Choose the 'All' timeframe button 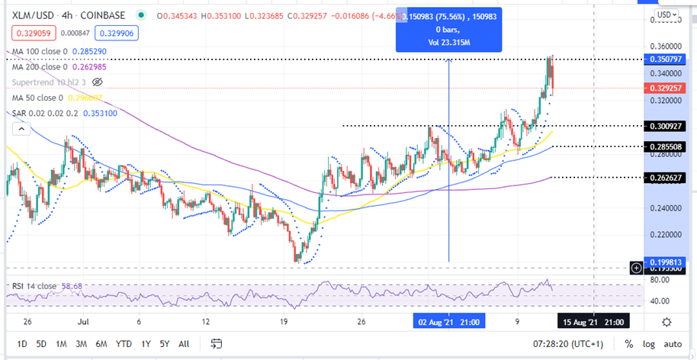[183, 343]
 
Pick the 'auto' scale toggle [673, 343]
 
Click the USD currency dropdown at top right [665, 14]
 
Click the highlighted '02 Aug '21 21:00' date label [448, 322]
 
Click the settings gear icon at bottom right [666, 322]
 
